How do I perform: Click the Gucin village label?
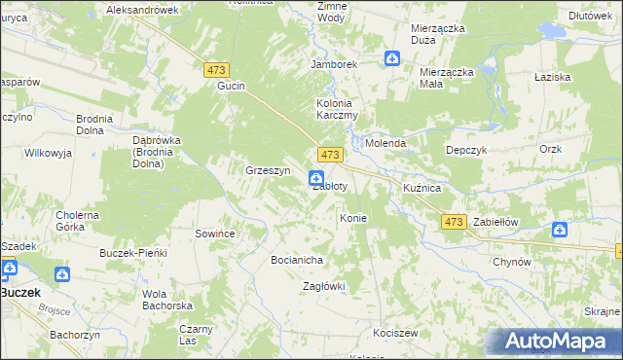[231, 86]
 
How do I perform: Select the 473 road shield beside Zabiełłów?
[453, 222]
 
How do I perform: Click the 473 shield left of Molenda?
[330, 156]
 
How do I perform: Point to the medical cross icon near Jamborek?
[391, 59]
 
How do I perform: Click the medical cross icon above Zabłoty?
[316, 177]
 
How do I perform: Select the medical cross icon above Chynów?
[560, 230]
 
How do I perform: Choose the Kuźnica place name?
[422, 187]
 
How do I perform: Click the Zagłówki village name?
[324, 286]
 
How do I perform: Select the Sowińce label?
[217, 234]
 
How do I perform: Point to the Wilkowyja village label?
[49, 154]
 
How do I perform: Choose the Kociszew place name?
[395, 333]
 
